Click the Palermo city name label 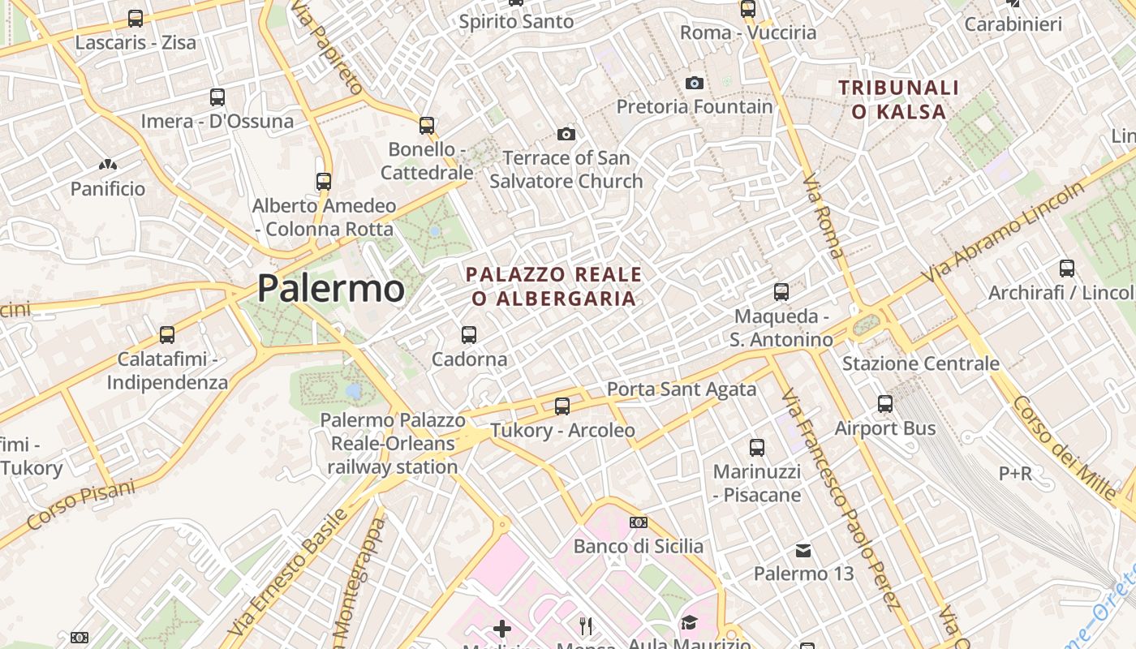point(330,289)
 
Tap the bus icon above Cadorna point(468,334)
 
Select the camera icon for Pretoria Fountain point(694,83)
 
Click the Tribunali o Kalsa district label point(898,100)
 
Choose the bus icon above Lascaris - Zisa point(136,18)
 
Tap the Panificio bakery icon point(107,165)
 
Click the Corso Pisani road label point(80,504)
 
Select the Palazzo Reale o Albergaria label point(554,286)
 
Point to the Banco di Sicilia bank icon point(639,522)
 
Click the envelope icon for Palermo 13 point(803,551)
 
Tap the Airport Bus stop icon point(885,403)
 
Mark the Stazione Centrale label point(920,363)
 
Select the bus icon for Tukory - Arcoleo point(562,406)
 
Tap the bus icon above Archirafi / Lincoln point(1067,268)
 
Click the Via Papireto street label point(325,47)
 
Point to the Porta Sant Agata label point(682,389)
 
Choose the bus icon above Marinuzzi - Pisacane point(756,447)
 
